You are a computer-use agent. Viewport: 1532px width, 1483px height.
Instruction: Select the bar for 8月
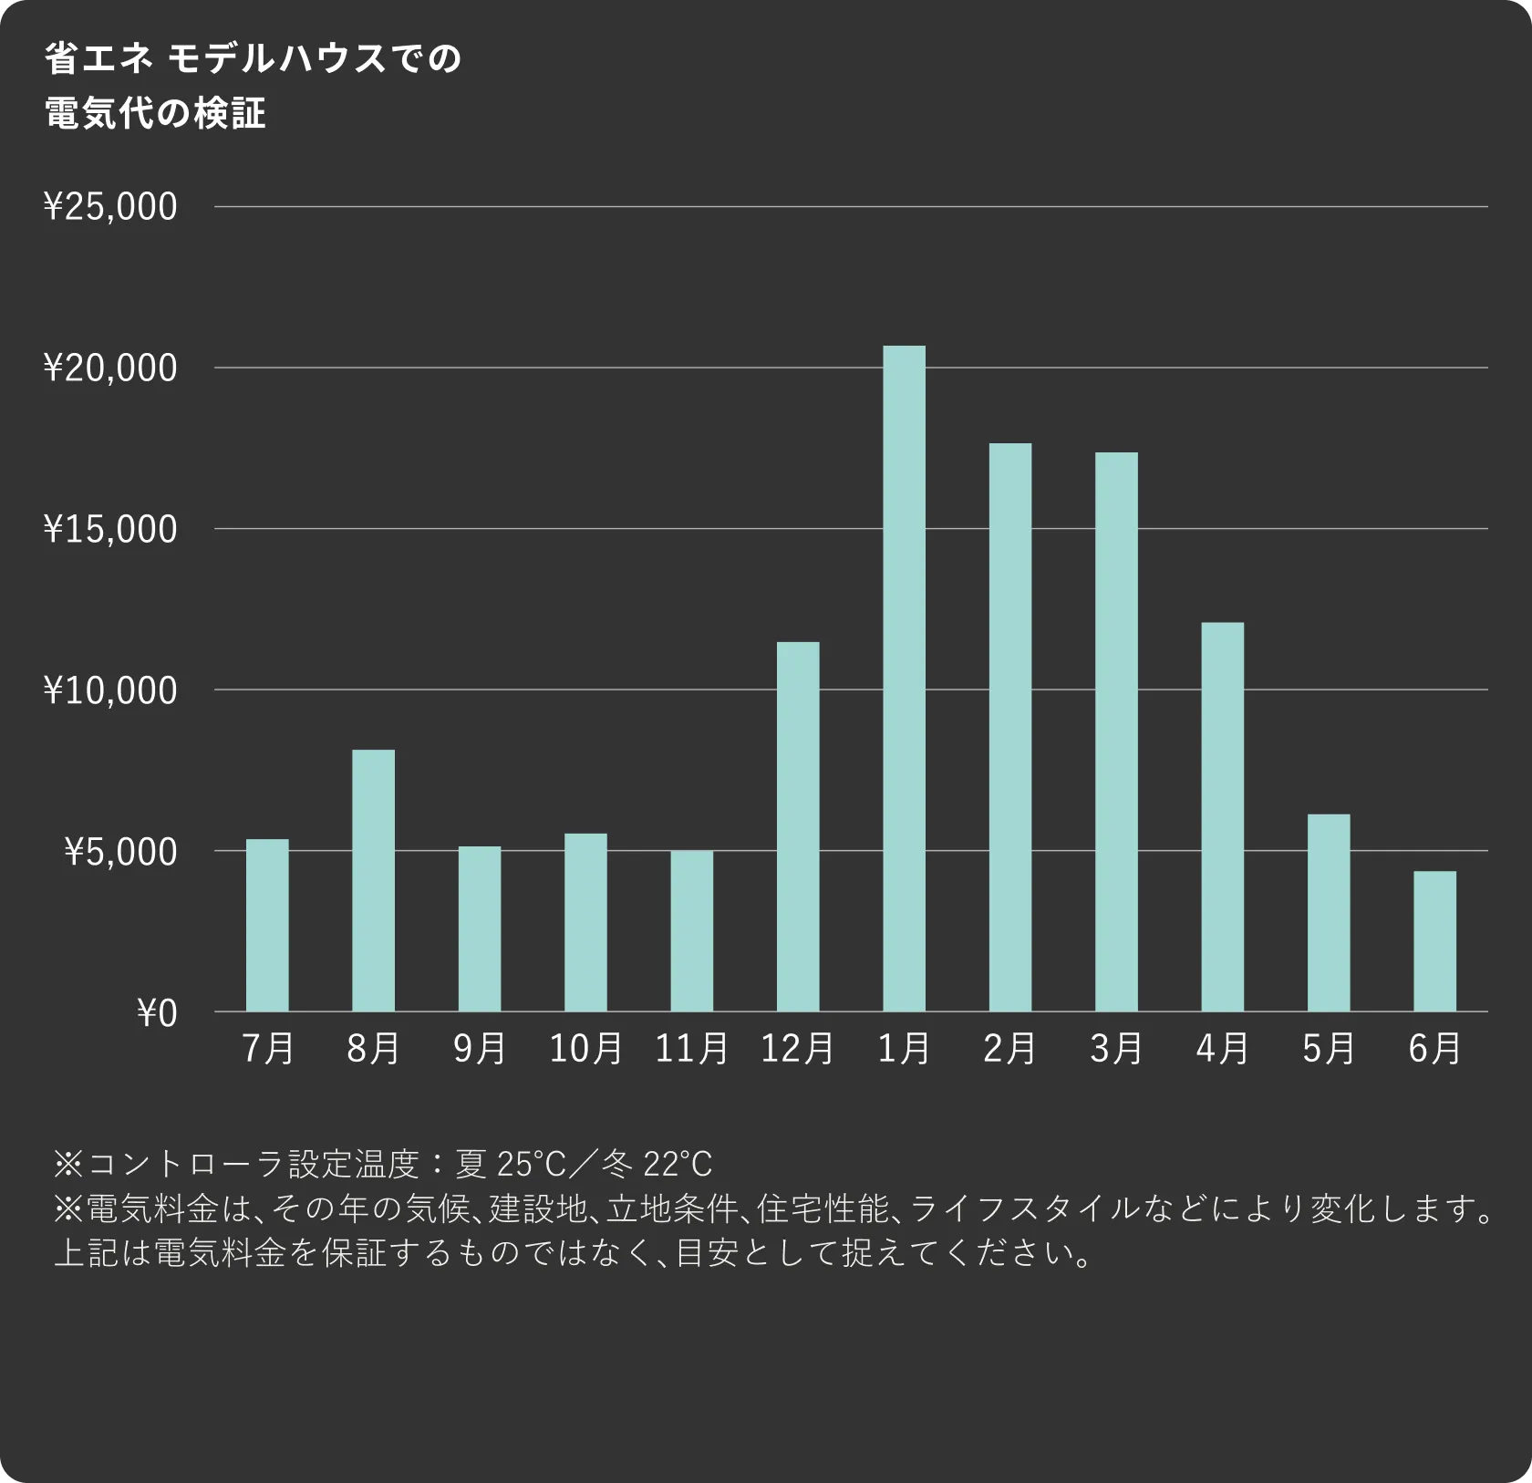click(373, 880)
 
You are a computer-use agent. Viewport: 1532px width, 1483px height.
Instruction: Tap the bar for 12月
click(798, 826)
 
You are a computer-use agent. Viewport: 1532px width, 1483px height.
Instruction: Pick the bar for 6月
click(1434, 941)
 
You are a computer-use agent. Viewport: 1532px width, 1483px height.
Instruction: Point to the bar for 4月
click(1222, 816)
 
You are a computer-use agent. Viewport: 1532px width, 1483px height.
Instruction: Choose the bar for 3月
click(1116, 731)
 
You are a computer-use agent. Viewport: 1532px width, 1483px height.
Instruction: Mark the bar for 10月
click(585, 922)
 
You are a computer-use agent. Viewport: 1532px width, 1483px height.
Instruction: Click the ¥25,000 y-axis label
click(110, 207)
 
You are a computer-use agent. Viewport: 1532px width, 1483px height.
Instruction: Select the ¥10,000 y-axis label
click(110, 690)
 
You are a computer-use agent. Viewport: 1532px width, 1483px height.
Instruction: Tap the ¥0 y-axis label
click(157, 1013)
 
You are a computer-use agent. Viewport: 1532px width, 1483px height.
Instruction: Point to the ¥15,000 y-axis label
click(110, 529)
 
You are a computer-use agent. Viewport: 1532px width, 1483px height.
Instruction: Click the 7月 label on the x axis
click(268, 1049)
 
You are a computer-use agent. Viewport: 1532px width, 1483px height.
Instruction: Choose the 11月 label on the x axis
click(692, 1049)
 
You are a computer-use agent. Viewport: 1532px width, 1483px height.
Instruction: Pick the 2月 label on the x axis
click(1009, 1049)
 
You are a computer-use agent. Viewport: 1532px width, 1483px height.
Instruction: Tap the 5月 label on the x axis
click(1329, 1049)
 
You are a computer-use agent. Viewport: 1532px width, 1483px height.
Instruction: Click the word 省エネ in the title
click(99, 59)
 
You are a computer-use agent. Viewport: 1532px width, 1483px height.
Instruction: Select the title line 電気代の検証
click(156, 114)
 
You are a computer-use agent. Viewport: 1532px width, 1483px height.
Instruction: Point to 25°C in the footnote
click(532, 1164)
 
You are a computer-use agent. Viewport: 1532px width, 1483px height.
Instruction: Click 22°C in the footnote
click(678, 1164)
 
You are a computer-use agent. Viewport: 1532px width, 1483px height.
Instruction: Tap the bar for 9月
click(480, 928)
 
